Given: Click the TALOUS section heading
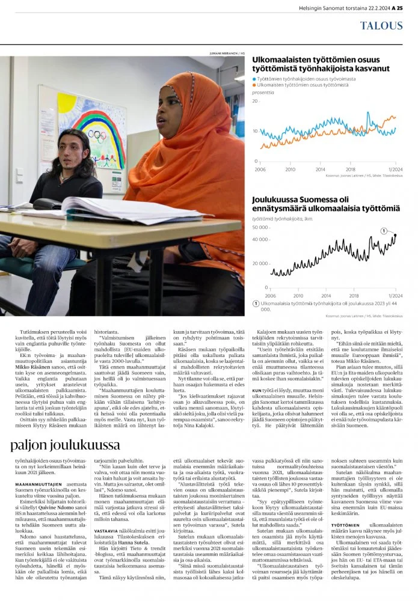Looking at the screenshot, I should coord(382,25).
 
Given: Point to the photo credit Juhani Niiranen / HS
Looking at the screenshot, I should coord(227,53).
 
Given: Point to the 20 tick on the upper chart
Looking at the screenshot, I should coord(256,102).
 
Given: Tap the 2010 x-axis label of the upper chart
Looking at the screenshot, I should coord(290,169).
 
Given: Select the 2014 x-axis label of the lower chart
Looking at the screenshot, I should coord(326,295).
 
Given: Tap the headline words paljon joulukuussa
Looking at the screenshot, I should coord(66,445).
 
